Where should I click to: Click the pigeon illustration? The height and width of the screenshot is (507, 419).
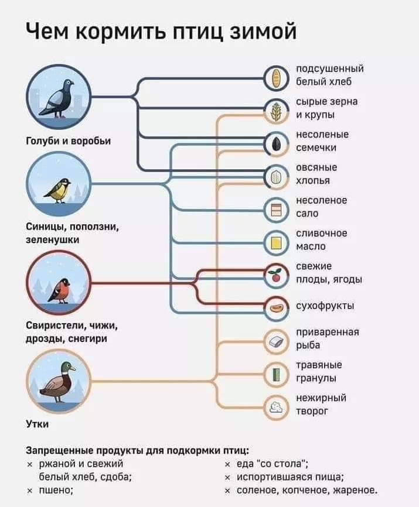pos(57,98)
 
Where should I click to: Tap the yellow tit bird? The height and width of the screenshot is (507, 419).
pos(57,191)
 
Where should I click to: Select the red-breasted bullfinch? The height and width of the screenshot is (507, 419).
pos(60,291)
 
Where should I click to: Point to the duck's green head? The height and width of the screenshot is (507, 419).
pos(67,367)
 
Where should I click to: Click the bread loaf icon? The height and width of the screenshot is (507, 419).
pos(275,78)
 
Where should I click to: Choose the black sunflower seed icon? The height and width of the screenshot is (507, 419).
pos(275,144)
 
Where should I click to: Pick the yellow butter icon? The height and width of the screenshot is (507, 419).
pos(276,243)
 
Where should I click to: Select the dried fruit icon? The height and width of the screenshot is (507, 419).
pos(275,308)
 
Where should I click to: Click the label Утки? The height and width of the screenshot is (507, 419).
pos(37,424)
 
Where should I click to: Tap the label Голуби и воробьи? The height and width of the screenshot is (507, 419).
pos(68,141)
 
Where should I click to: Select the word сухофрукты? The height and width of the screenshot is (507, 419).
pos(325,306)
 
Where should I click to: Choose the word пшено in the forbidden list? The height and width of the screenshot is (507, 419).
pos(56,490)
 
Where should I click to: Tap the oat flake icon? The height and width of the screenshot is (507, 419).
pos(276,177)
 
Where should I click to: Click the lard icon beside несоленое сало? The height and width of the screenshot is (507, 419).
pos(276,210)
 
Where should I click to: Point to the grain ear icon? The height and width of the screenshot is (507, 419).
pos(276,112)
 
